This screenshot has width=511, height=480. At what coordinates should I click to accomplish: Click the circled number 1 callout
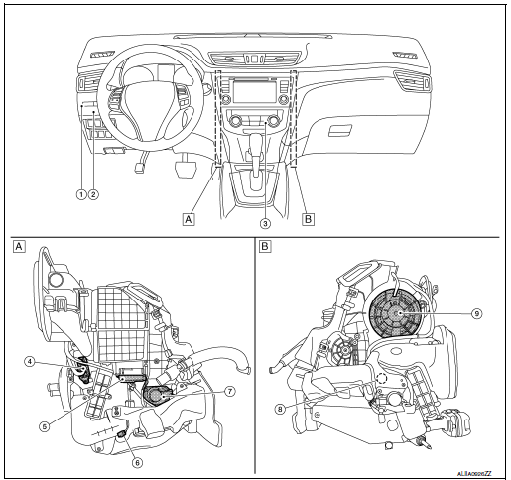click(79, 194)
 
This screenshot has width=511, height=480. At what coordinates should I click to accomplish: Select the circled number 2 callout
click(93, 194)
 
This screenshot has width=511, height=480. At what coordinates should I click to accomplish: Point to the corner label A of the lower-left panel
click(17, 245)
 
